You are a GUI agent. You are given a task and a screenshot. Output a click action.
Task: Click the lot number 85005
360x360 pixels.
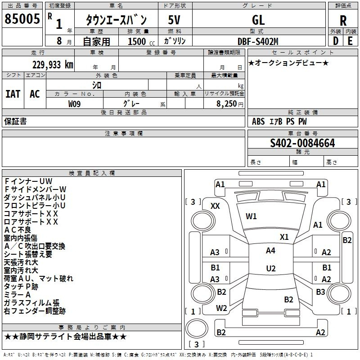click(x=22, y=19)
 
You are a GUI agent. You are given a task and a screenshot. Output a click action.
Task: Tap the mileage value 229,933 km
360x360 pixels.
click(x=53, y=65)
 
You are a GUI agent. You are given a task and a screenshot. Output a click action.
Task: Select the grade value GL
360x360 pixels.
click(x=258, y=20)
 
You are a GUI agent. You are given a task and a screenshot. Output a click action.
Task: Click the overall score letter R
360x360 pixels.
click(x=343, y=21)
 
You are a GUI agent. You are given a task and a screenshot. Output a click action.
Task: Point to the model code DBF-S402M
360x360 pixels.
click(x=258, y=41)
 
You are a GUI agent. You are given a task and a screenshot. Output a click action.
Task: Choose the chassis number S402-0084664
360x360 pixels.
click(x=302, y=143)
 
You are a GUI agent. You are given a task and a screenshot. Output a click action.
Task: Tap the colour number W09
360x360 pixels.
click(x=74, y=104)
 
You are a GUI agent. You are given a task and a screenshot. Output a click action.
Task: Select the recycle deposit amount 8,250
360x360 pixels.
click(x=226, y=104)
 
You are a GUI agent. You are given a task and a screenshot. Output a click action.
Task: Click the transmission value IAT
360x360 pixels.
click(x=13, y=94)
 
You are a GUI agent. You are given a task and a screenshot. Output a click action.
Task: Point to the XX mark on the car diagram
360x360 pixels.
click(x=215, y=206)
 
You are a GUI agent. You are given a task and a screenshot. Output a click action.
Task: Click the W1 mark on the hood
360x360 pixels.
click(x=251, y=216)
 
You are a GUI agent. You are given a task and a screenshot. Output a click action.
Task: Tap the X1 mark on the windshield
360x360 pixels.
click(x=284, y=237)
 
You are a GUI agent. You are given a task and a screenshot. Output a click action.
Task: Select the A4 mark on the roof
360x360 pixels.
click(x=271, y=251)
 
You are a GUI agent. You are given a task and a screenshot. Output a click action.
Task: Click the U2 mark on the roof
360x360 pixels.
click(x=271, y=268)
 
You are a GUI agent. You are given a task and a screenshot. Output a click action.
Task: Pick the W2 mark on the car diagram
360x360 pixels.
click(x=221, y=308)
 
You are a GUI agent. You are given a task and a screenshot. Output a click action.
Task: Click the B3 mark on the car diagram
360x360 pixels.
click(x=320, y=292)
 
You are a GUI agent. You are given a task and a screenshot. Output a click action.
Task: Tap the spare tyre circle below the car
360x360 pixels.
click(x=197, y=328)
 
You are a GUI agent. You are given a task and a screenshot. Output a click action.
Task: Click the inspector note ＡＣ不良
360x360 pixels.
click(x=18, y=230)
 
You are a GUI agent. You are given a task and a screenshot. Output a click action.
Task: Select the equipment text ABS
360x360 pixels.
click(x=258, y=121)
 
